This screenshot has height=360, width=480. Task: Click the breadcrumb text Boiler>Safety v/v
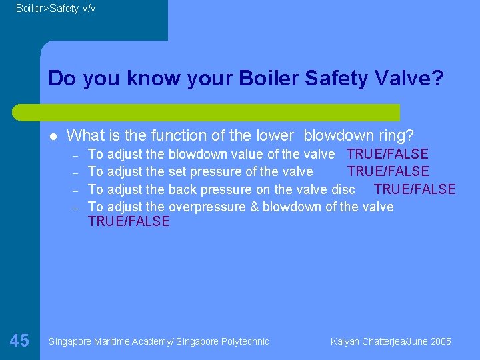click(x=55, y=8)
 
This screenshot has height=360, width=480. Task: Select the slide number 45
click(x=19, y=341)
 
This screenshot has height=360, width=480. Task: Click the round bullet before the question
click(x=53, y=136)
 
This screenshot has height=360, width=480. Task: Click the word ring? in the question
click(x=395, y=135)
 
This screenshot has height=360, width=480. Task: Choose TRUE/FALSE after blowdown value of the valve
click(x=388, y=155)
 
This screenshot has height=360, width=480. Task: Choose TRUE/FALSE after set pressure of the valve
click(x=388, y=172)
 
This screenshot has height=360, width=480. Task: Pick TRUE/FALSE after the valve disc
click(x=415, y=189)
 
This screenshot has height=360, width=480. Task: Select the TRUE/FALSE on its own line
click(x=129, y=221)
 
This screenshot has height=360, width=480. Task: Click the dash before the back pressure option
click(x=76, y=190)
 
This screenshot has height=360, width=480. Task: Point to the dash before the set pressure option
click(x=76, y=173)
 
